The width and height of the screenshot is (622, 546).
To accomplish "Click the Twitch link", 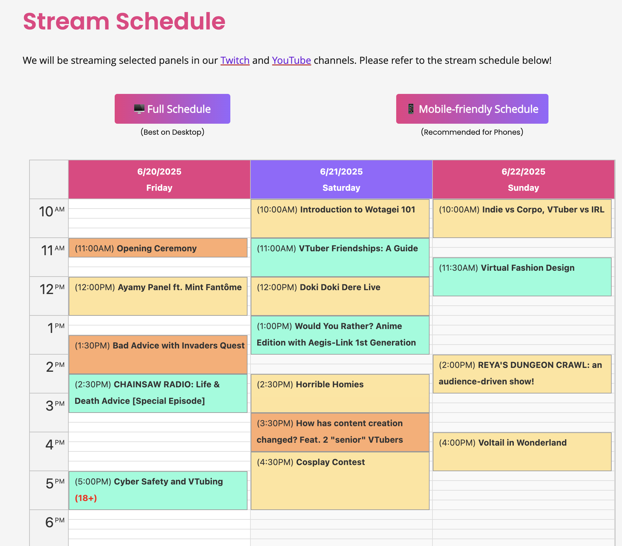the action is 235,61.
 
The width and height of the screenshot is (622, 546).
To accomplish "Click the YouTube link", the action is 291,61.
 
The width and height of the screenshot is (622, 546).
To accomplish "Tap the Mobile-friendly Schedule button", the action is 472,109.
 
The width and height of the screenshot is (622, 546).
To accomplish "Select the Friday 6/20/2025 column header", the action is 159,179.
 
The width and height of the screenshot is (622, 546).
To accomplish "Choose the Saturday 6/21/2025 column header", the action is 341,179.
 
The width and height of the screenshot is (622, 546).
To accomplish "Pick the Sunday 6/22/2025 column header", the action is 523,179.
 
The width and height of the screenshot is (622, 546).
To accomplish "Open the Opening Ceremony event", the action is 158,248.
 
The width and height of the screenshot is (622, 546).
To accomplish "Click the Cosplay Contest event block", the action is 340,481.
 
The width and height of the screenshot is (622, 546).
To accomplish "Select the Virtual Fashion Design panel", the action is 522,277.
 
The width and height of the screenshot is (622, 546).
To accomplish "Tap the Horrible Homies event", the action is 340,393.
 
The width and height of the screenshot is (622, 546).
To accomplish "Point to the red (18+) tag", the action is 86,498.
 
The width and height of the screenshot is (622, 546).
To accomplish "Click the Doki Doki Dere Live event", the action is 340,296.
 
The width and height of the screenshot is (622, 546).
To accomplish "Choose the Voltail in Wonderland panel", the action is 522,452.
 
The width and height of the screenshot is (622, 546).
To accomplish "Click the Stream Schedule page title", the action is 124,21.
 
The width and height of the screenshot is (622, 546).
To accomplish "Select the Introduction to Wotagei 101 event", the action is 340,219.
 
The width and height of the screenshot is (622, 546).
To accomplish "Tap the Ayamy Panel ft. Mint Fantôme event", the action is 158,296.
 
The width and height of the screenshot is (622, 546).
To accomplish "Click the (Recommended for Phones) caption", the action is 472,132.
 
